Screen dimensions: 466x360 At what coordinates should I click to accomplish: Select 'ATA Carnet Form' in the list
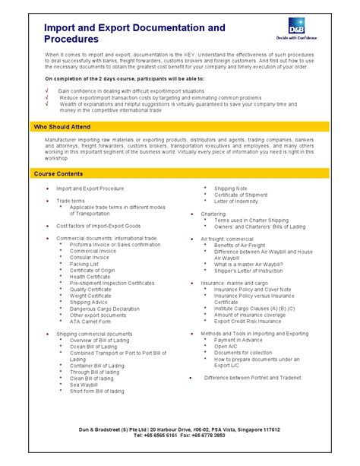pyautogui.click(x=90, y=322)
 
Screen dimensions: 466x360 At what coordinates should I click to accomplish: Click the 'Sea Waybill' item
pyautogui.click(x=85, y=385)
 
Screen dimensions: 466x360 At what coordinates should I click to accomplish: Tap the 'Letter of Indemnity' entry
pyautogui.click(x=237, y=201)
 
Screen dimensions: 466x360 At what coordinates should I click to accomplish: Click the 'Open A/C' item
pyautogui.click(x=226, y=346)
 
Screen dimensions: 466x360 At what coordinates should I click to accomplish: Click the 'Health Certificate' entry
pyautogui.click(x=90, y=277)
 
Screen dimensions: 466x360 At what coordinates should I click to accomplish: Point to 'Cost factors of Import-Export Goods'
pyautogui.click(x=98, y=226)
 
